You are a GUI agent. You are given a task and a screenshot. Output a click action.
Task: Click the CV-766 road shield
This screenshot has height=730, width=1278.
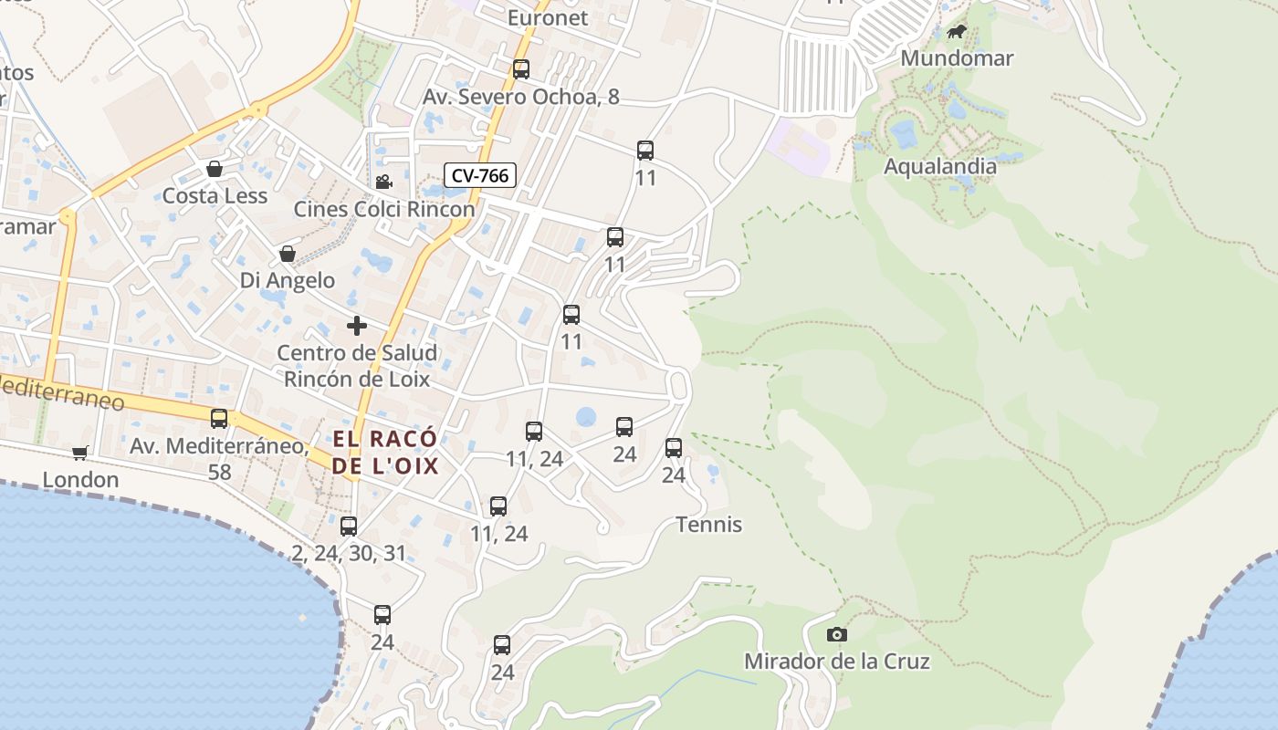point(480,175)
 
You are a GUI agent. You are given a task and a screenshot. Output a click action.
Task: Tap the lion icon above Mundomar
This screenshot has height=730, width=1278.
point(956,33)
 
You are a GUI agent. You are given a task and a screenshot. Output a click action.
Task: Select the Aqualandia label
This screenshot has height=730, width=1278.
point(939,166)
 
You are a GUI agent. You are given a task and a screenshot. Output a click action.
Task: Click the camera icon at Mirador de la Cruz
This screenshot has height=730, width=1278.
point(836,634)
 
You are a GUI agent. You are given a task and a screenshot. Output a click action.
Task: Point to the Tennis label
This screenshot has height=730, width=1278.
point(708,525)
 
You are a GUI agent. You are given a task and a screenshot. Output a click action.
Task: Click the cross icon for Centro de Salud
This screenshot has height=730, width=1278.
point(357,326)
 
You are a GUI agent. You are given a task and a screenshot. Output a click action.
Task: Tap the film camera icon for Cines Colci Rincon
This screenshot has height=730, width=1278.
point(383,182)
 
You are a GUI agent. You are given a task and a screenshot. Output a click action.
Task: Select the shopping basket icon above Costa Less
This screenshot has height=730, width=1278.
point(215,169)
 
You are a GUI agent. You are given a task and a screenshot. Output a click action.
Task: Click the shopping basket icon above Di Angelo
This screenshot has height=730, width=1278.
point(288,253)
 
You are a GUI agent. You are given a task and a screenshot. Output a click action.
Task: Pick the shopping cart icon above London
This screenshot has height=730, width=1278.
point(80,453)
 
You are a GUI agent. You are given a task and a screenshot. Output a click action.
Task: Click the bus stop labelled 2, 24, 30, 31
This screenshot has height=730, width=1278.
point(349,527)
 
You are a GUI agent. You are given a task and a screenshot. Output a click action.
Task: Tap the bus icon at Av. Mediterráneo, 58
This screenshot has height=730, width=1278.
point(219,419)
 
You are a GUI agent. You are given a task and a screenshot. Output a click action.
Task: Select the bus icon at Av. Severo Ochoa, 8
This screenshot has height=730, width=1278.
point(520,69)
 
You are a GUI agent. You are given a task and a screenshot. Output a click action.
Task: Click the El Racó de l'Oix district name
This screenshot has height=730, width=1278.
point(385,453)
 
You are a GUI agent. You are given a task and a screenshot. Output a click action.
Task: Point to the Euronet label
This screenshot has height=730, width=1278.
point(548,17)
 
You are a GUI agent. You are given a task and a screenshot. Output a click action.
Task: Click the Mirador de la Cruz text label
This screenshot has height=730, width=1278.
point(836,662)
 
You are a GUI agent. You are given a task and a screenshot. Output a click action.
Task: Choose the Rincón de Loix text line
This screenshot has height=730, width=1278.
point(357,379)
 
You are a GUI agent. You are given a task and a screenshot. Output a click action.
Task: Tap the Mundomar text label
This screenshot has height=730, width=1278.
point(956,58)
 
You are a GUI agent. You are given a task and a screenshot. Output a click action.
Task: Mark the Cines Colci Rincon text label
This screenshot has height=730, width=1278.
point(383,209)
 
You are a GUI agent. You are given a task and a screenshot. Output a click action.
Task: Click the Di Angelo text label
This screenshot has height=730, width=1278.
point(288,280)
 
